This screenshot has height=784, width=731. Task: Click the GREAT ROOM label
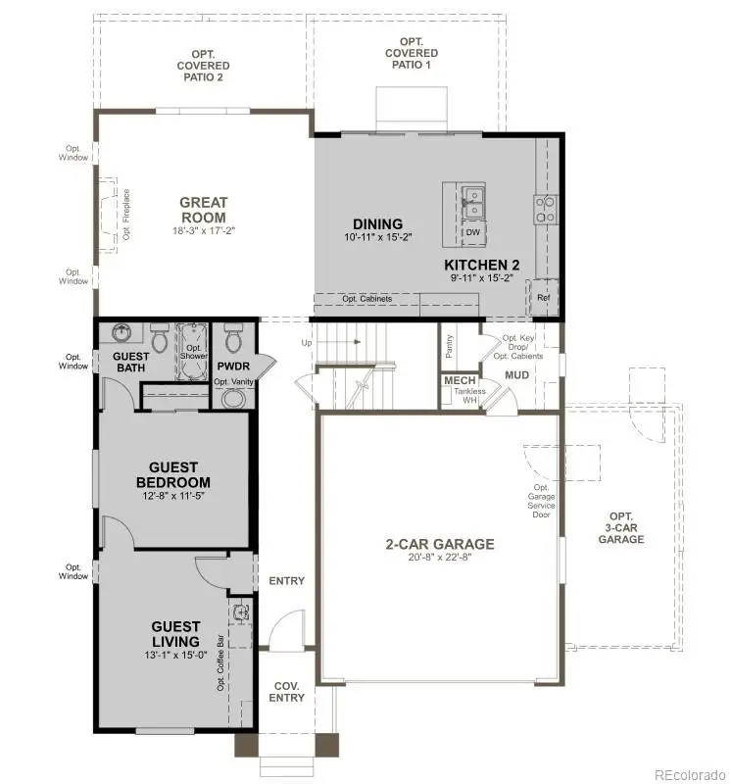click(x=203, y=210)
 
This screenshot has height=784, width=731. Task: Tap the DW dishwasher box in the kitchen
click(x=473, y=233)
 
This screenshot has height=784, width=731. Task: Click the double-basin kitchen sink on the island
click(x=473, y=202)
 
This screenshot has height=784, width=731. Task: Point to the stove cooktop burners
click(x=545, y=207)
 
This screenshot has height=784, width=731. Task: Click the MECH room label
click(x=460, y=380)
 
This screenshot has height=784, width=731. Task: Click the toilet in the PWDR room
click(x=233, y=341)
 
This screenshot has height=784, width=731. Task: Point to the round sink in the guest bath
click(x=123, y=333)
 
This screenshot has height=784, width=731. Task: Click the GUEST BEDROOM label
click(x=172, y=475)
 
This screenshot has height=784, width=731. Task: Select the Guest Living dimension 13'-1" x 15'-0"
click(x=175, y=657)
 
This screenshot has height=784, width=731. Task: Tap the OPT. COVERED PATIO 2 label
click(x=204, y=64)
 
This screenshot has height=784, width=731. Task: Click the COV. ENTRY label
click(x=287, y=692)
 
